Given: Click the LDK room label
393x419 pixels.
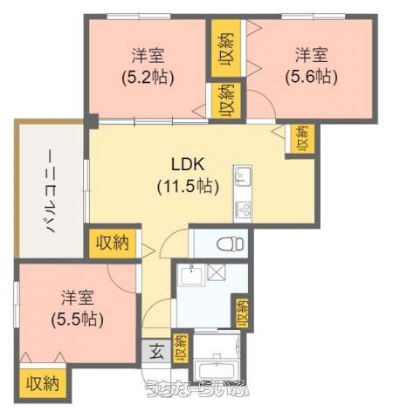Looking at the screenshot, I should [187, 165].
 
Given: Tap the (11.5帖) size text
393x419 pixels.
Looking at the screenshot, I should [187, 185].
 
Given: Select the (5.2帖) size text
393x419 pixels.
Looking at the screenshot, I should [147, 76].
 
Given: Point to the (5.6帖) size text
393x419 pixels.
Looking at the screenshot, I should [311, 76].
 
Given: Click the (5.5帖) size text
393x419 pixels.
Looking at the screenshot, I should [78, 319].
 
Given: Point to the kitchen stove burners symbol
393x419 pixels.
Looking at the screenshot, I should [242, 209].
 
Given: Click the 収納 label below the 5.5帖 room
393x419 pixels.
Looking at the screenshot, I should [42, 383].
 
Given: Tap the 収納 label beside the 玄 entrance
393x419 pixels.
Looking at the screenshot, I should [180, 349].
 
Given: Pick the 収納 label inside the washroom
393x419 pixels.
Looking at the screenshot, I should [239, 313].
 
